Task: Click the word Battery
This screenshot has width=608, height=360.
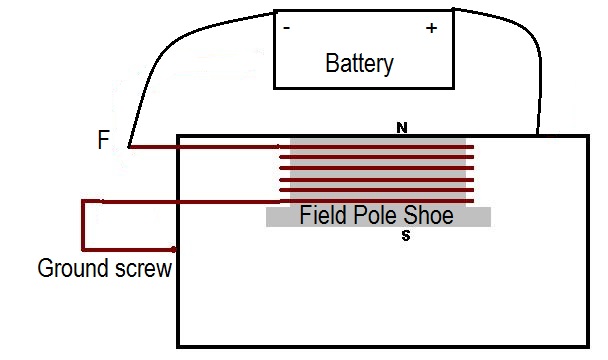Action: pos(359,64)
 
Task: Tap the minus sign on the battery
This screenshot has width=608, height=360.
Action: pos(287,29)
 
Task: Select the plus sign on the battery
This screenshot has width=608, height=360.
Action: pos(431,29)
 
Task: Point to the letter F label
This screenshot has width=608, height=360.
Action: pos(103,141)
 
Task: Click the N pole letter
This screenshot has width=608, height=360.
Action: pos(401,128)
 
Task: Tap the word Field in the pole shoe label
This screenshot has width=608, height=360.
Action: pos(321,216)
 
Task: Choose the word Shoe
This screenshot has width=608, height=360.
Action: pos(427,216)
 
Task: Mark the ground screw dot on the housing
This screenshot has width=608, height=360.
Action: pos(175,249)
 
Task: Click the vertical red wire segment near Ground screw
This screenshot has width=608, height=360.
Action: pos(83,225)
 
